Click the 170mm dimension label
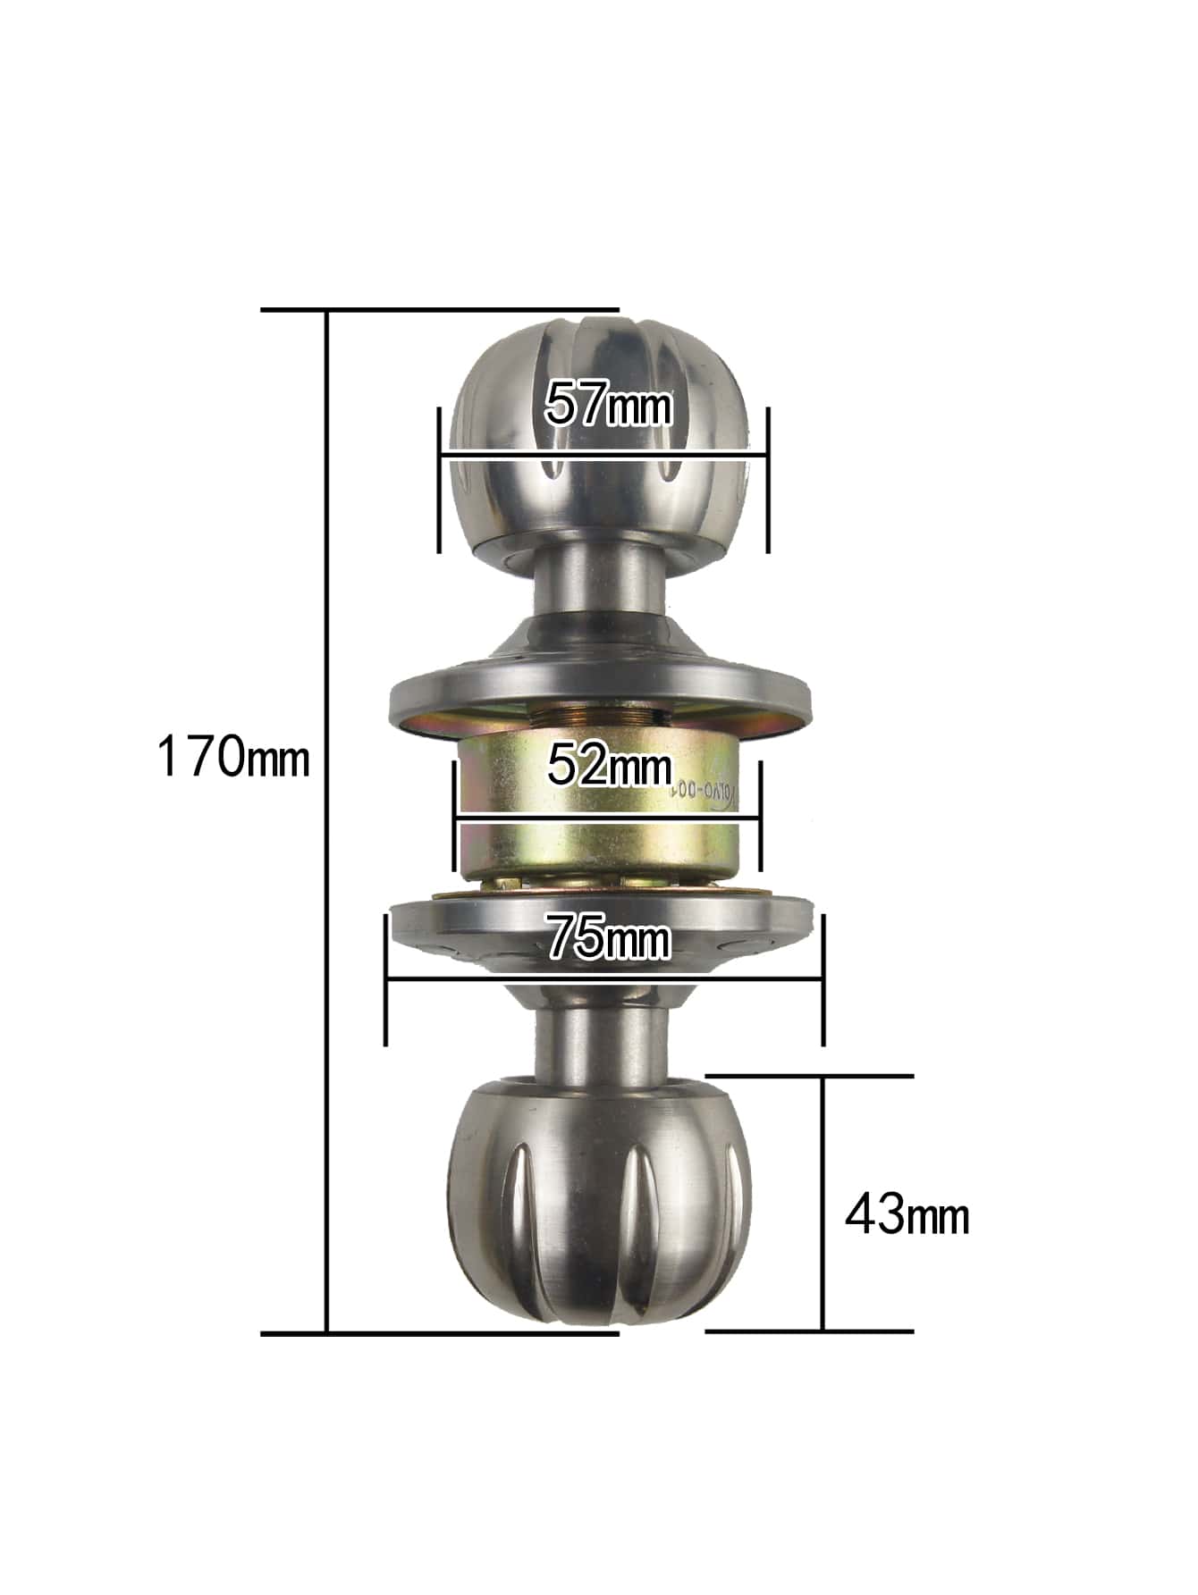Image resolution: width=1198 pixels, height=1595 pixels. (232, 756)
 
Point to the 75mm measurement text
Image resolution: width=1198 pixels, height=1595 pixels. (608, 937)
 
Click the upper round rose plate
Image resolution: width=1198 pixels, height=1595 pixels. (599, 697)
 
